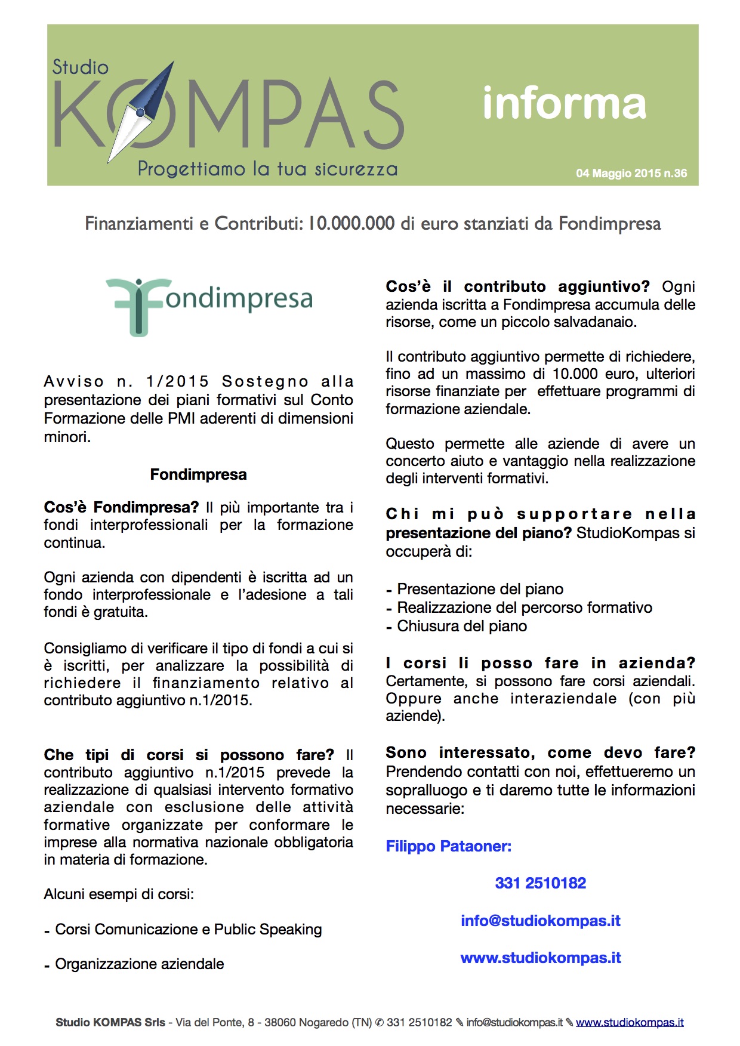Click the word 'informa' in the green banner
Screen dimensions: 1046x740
(564, 104)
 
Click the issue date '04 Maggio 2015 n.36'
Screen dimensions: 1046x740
(631, 174)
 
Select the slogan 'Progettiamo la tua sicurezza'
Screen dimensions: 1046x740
(267, 169)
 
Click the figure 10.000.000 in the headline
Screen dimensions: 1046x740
(351, 224)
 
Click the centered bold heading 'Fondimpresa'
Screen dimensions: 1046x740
(198, 474)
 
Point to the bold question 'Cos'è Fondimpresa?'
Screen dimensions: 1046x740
(121, 508)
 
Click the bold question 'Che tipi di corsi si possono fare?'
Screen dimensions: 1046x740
(189, 755)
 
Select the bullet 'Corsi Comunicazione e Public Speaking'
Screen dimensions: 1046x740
(188, 930)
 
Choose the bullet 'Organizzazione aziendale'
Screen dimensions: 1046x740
(139, 964)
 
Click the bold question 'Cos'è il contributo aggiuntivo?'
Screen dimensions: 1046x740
(517, 287)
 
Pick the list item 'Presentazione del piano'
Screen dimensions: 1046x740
(480, 590)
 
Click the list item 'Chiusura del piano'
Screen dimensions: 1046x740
(462, 627)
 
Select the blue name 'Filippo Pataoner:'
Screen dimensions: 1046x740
(448, 847)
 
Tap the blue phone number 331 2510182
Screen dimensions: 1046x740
(540, 883)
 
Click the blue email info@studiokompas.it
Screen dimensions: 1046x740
(540, 921)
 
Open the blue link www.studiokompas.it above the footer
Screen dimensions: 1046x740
(540, 958)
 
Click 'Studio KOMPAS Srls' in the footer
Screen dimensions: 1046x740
(110, 1023)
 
